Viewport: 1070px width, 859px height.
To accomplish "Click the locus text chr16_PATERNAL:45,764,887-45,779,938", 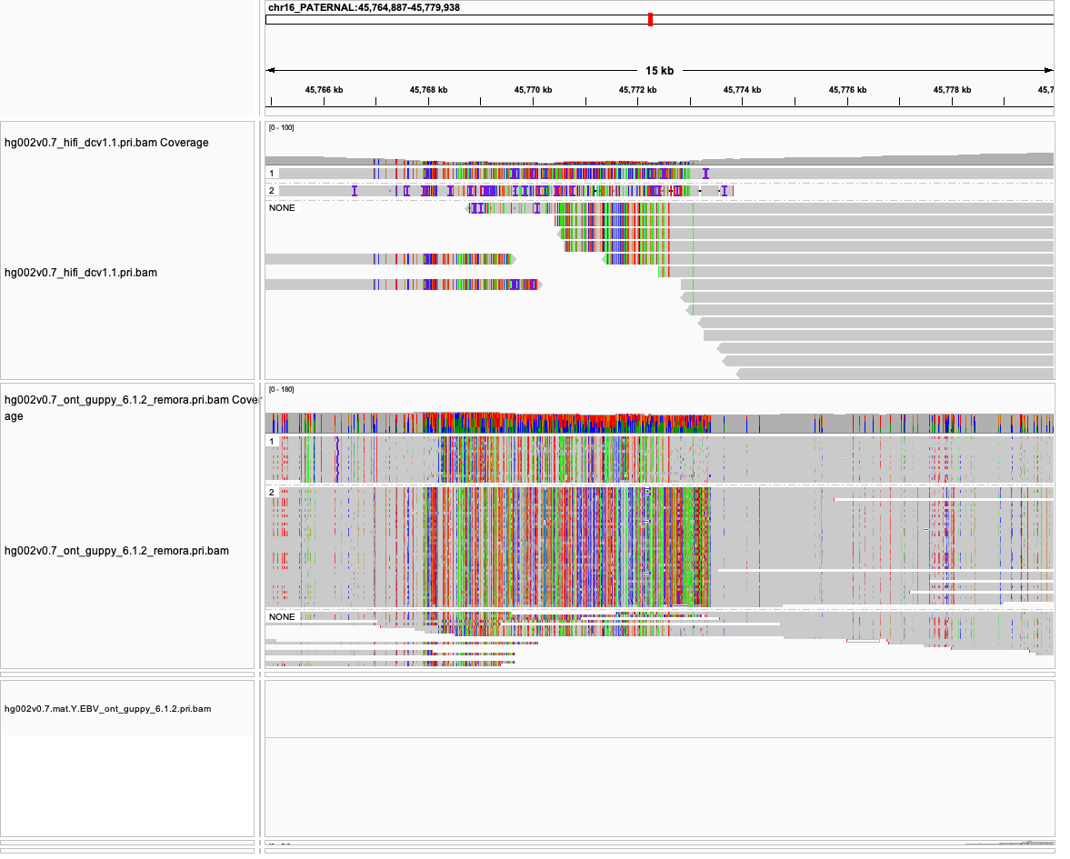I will click(363, 7).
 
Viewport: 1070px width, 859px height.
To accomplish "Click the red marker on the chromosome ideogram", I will click(650, 19).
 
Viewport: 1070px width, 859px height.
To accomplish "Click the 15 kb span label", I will click(659, 71).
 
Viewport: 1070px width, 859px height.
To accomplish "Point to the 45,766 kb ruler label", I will click(324, 90).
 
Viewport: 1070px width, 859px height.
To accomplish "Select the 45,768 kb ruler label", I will click(428, 90).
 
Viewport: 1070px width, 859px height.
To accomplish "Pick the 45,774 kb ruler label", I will click(742, 90).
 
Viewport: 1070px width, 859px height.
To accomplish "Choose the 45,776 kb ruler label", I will click(847, 90).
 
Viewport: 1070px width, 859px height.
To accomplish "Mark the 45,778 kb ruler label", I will click(952, 90).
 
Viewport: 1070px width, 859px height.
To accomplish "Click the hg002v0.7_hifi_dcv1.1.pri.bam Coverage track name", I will click(106, 143).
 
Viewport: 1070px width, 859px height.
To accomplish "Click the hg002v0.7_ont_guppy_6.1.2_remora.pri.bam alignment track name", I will click(116, 551).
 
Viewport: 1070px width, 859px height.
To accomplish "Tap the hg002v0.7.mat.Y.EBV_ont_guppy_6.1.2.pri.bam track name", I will click(107, 708).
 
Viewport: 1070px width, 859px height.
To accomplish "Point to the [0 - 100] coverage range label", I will click(281, 128).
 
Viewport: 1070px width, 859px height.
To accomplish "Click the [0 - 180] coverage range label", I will click(281, 390).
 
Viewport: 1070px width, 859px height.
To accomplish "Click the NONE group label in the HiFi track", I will click(282, 208).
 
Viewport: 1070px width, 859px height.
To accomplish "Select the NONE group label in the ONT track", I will click(282, 617).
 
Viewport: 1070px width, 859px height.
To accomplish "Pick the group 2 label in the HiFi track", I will click(271, 191).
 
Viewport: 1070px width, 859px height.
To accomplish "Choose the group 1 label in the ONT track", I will click(271, 442).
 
